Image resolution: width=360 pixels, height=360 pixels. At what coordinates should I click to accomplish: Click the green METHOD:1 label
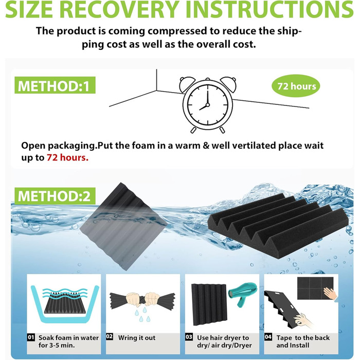click(55, 85)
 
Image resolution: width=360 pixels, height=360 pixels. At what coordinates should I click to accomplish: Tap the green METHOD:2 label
click(55, 196)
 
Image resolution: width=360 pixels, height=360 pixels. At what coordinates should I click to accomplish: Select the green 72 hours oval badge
click(296, 86)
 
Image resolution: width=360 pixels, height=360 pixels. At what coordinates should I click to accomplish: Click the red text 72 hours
click(67, 157)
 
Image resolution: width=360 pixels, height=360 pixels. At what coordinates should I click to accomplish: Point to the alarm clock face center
click(208, 105)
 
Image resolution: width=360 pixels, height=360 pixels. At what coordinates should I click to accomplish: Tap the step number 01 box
click(31, 337)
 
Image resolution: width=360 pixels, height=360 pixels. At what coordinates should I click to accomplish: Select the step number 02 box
click(110, 336)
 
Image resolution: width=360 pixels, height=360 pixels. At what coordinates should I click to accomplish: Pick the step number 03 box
click(189, 337)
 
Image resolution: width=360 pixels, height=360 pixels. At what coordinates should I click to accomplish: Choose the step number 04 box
click(268, 337)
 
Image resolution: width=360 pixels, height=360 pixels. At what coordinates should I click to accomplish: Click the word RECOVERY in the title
click(120, 9)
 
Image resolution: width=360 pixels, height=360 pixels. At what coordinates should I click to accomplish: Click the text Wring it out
click(137, 338)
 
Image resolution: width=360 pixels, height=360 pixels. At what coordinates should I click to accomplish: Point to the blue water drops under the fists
click(142, 315)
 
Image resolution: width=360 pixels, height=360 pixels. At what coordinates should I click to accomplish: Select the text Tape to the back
click(303, 338)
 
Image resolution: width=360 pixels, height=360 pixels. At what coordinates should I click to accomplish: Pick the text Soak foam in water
click(68, 338)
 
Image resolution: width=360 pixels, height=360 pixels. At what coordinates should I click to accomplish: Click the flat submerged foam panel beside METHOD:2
click(124, 226)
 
